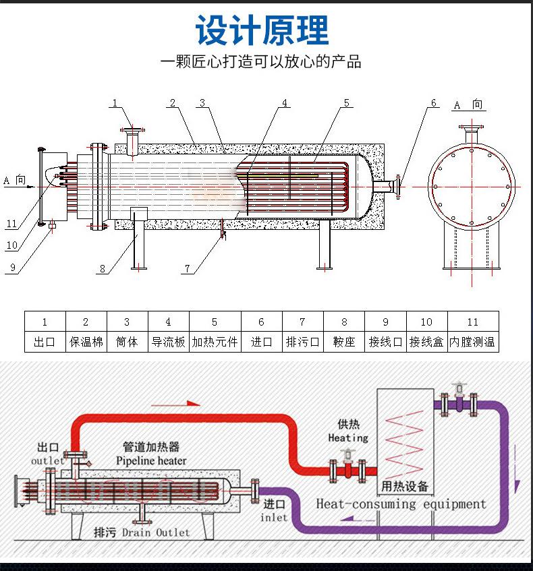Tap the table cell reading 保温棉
pyautogui.click(x=86, y=342)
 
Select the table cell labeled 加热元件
pyautogui.click(x=215, y=342)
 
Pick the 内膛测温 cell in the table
pyautogui.click(x=472, y=342)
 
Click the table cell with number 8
pyautogui.click(x=344, y=322)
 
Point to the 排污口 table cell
pyautogui.click(x=302, y=342)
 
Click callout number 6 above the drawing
pyautogui.click(x=434, y=103)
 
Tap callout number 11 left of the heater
pyautogui.click(x=11, y=224)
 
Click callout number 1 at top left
pyautogui.click(x=115, y=103)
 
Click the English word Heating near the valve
pyautogui.click(x=348, y=438)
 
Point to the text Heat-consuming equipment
pyautogui.click(x=401, y=504)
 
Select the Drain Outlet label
pyautogui.click(x=156, y=533)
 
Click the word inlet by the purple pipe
pyautogui.click(x=274, y=518)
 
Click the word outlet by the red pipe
pyautogui.click(x=48, y=460)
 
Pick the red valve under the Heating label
pyautogui.click(x=347, y=468)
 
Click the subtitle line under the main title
pyautogui.click(x=261, y=63)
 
